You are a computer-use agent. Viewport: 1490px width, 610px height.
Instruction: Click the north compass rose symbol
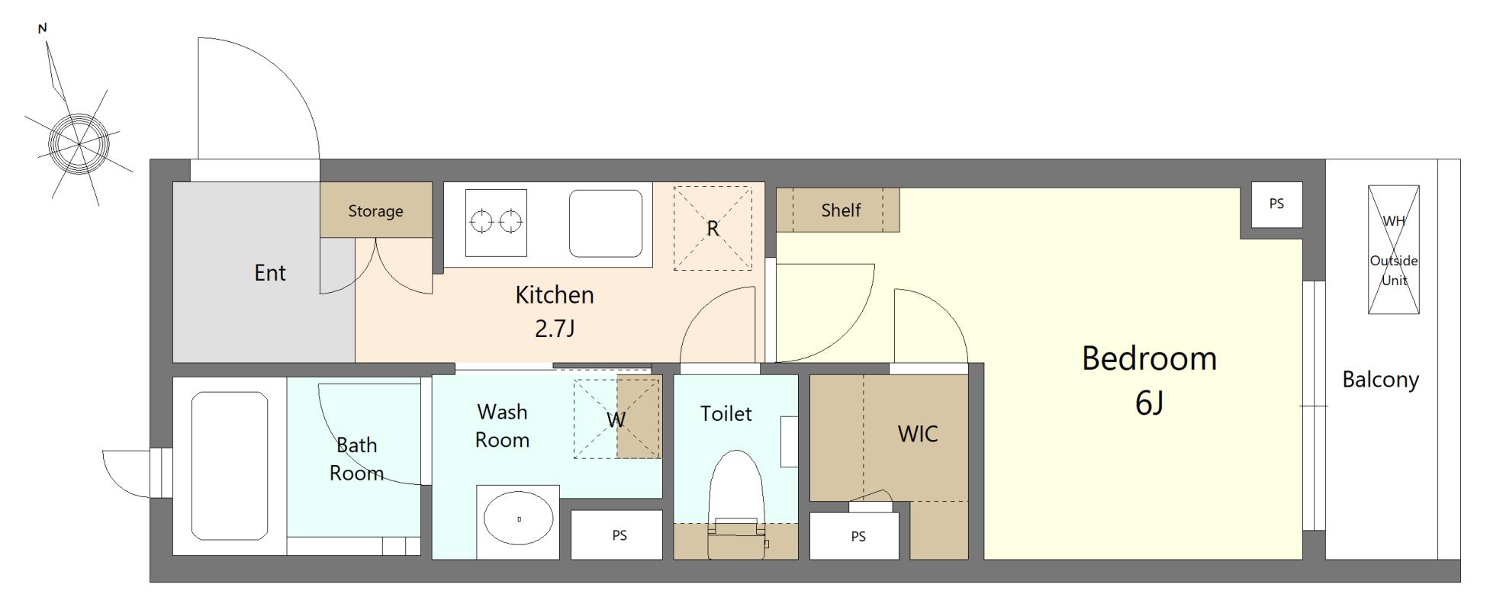[x=79, y=143]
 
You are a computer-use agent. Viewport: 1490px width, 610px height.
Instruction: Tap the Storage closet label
[x=375, y=210]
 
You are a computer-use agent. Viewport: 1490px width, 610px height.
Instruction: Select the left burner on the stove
[x=482, y=222]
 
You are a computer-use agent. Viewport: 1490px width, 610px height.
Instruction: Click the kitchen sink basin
[x=606, y=223]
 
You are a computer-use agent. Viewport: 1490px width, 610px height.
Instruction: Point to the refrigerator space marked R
[x=713, y=228]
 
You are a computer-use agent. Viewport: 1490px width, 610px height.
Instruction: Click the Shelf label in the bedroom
[x=841, y=210]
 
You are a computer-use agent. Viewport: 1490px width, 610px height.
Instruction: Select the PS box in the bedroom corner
[x=1276, y=204]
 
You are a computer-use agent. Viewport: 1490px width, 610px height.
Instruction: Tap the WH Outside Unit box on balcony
[x=1394, y=250]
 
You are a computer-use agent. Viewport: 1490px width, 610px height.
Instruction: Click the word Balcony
[x=1381, y=379]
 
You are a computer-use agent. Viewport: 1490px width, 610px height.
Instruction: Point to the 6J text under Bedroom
[x=1149, y=403]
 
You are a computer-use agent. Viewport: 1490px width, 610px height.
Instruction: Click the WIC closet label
[x=918, y=434]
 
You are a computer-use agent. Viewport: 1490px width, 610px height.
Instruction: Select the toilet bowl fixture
[x=736, y=503]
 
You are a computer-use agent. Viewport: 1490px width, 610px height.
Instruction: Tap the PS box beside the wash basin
[x=619, y=535]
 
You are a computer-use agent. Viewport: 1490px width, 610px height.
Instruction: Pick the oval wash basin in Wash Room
[x=519, y=519]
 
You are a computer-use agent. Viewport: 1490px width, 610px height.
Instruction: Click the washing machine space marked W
[x=616, y=419]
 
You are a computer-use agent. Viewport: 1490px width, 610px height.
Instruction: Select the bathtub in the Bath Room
[x=229, y=465]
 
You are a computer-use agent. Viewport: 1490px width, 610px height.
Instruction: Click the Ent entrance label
[x=270, y=272]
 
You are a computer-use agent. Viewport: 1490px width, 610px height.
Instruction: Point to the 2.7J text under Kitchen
[x=555, y=329]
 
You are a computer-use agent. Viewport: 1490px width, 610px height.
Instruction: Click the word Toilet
[x=726, y=413]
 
